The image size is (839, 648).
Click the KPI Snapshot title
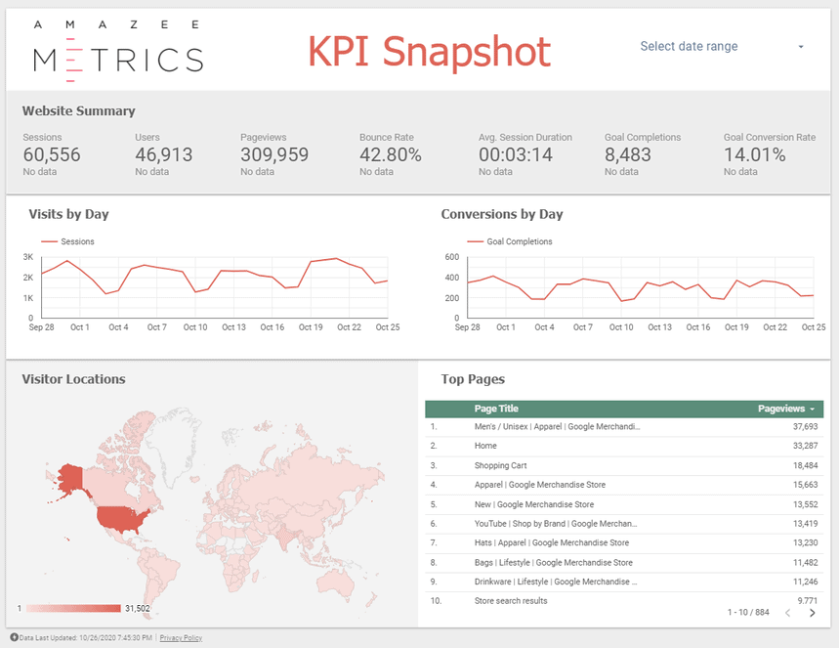[430, 51]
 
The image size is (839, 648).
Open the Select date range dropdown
[723, 47]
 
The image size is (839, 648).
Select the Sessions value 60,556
[52, 154]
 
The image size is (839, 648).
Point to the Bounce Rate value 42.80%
[390, 154]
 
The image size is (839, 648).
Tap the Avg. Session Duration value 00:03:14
[516, 154]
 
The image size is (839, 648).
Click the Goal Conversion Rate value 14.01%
[754, 154]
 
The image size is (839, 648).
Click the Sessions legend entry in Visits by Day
[76, 241]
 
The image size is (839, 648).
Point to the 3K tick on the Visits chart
[28, 257]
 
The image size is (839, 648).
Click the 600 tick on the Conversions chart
[451, 257]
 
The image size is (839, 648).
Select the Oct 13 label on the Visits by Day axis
[232, 327]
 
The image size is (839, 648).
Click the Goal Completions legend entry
[518, 241]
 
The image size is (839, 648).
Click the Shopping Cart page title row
[500, 466]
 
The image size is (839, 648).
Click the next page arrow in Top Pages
[812, 613]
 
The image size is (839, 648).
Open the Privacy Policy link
[181, 638]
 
